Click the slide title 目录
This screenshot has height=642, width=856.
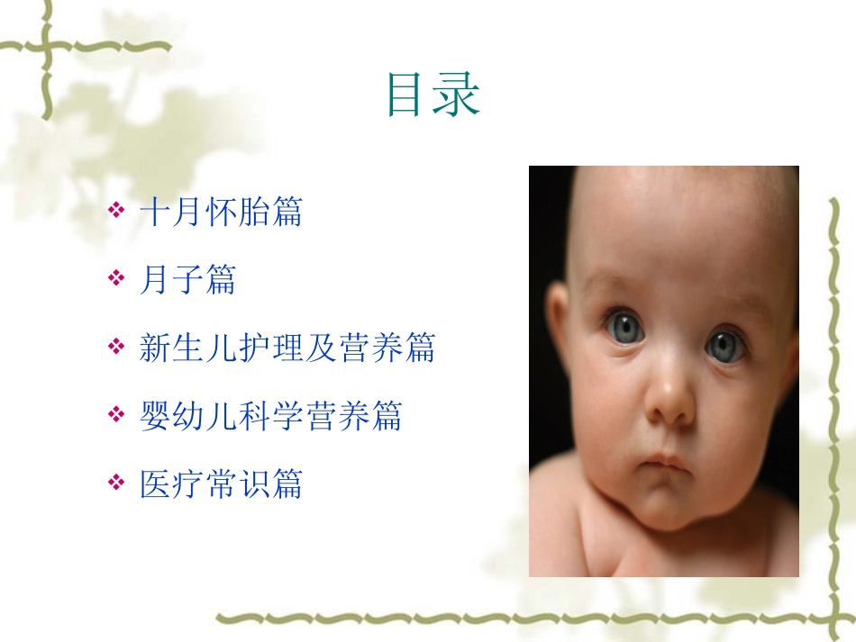tap(433, 95)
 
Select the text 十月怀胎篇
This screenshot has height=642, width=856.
tap(221, 212)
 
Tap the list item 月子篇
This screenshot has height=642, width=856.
tap(187, 281)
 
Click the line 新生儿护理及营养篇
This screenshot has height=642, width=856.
tap(287, 348)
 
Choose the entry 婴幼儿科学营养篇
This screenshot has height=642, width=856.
tap(270, 416)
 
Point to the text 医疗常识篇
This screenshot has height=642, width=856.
tap(221, 484)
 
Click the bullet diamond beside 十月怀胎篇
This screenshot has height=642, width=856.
tap(116, 212)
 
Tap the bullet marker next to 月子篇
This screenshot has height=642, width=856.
tap(116, 281)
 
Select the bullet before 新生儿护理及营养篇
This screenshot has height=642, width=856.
tap(116, 348)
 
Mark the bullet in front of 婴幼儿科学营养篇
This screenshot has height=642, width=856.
tap(116, 416)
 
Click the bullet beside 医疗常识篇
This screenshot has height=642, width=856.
tap(116, 484)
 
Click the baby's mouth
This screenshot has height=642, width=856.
tap(665, 464)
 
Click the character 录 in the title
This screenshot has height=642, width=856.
tap(457, 95)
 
